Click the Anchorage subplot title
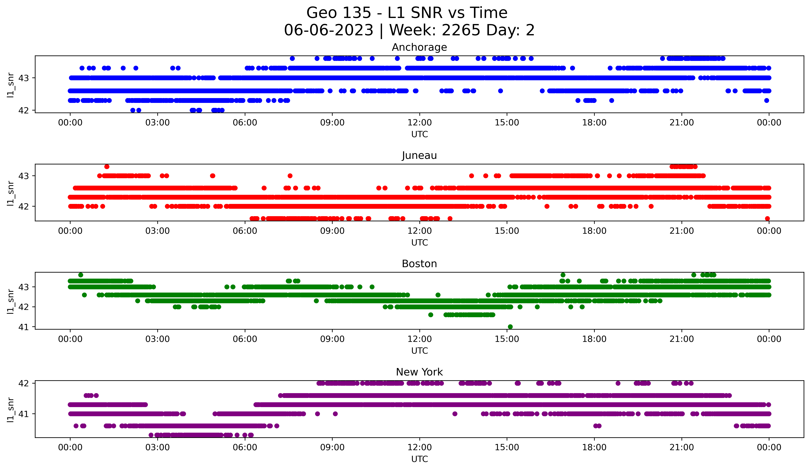click(419, 47)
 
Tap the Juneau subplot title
click(419, 155)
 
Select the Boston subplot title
click(419, 264)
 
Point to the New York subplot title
click(419, 372)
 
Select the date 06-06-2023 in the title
click(328, 30)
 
